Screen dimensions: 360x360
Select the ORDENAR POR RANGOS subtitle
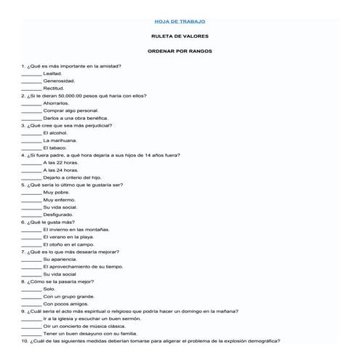pos(180,51)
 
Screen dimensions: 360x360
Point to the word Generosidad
pos(59,81)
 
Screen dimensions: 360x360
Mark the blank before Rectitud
pos(31,89)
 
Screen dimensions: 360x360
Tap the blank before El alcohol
pos(31,133)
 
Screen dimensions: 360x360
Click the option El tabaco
pos(56,148)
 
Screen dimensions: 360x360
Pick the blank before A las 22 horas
pos(31,163)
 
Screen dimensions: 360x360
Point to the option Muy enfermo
pos(59,200)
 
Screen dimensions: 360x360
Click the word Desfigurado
pos(58,215)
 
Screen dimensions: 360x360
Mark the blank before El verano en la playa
pos(31,237)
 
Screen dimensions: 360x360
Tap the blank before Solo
pos(31,289)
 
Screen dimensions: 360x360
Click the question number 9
pos(23,311)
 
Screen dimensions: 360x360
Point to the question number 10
pos(25,340)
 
